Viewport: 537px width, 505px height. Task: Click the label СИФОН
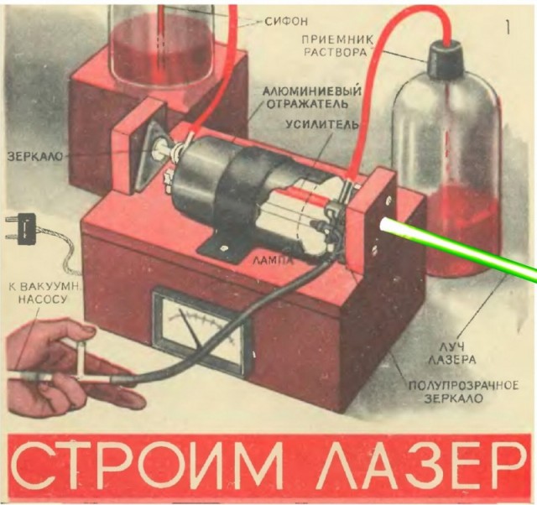[286, 22]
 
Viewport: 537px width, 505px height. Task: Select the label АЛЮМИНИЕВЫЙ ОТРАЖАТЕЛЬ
[312, 97]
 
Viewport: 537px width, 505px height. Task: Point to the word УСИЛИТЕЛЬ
[322, 125]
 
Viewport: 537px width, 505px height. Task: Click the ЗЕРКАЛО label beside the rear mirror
[35, 157]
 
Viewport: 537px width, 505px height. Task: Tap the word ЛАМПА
[273, 261]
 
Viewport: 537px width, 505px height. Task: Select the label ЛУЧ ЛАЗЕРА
[452, 354]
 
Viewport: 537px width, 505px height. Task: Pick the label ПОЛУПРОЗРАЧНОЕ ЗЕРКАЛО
[463, 392]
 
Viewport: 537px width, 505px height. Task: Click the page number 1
[508, 27]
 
